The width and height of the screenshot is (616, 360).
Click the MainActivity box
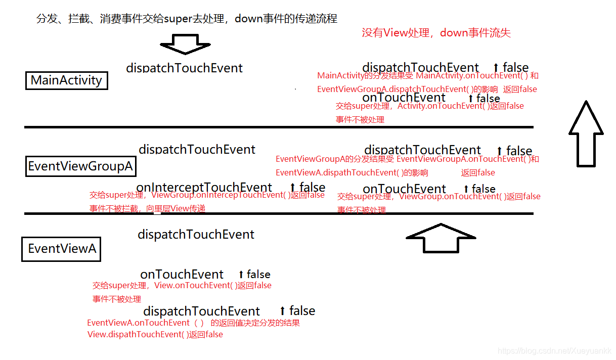tap(66, 80)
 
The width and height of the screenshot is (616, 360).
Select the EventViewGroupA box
tap(80, 166)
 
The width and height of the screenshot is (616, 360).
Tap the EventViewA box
tap(61, 249)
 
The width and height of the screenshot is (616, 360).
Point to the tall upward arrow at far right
tap(586, 133)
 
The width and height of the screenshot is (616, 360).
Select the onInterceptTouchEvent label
tap(204, 188)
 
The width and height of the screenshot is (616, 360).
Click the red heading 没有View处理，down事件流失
tap(436, 33)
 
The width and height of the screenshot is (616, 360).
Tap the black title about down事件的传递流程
tap(187, 19)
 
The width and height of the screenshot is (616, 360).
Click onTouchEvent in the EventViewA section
tap(182, 275)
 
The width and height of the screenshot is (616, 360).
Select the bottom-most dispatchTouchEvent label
tap(201, 311)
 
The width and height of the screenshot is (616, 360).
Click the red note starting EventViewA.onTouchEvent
tap(193, 323)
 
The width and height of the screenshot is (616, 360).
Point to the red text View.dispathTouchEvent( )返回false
tap(155, 335)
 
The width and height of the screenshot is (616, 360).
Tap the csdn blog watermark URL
tap(554, 351)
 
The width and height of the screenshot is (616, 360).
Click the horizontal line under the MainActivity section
tap(278, 127)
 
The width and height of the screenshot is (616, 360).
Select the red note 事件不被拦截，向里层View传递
tap(147, 208)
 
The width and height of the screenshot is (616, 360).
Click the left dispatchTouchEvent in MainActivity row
tap(184, 68)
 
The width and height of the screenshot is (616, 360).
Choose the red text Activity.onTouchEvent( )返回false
tap(460, 106)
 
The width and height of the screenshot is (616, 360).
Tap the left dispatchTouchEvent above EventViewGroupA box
tap(197, 150)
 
